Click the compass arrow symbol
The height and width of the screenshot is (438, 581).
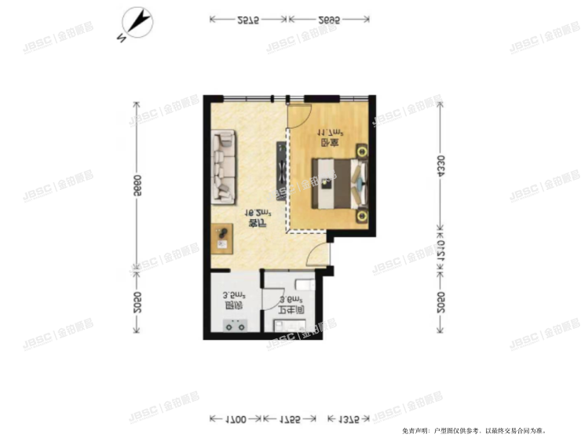138,23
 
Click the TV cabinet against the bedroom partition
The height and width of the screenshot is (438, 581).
280,171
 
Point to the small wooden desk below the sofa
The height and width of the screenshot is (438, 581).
222,238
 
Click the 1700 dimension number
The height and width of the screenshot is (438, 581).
235,418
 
